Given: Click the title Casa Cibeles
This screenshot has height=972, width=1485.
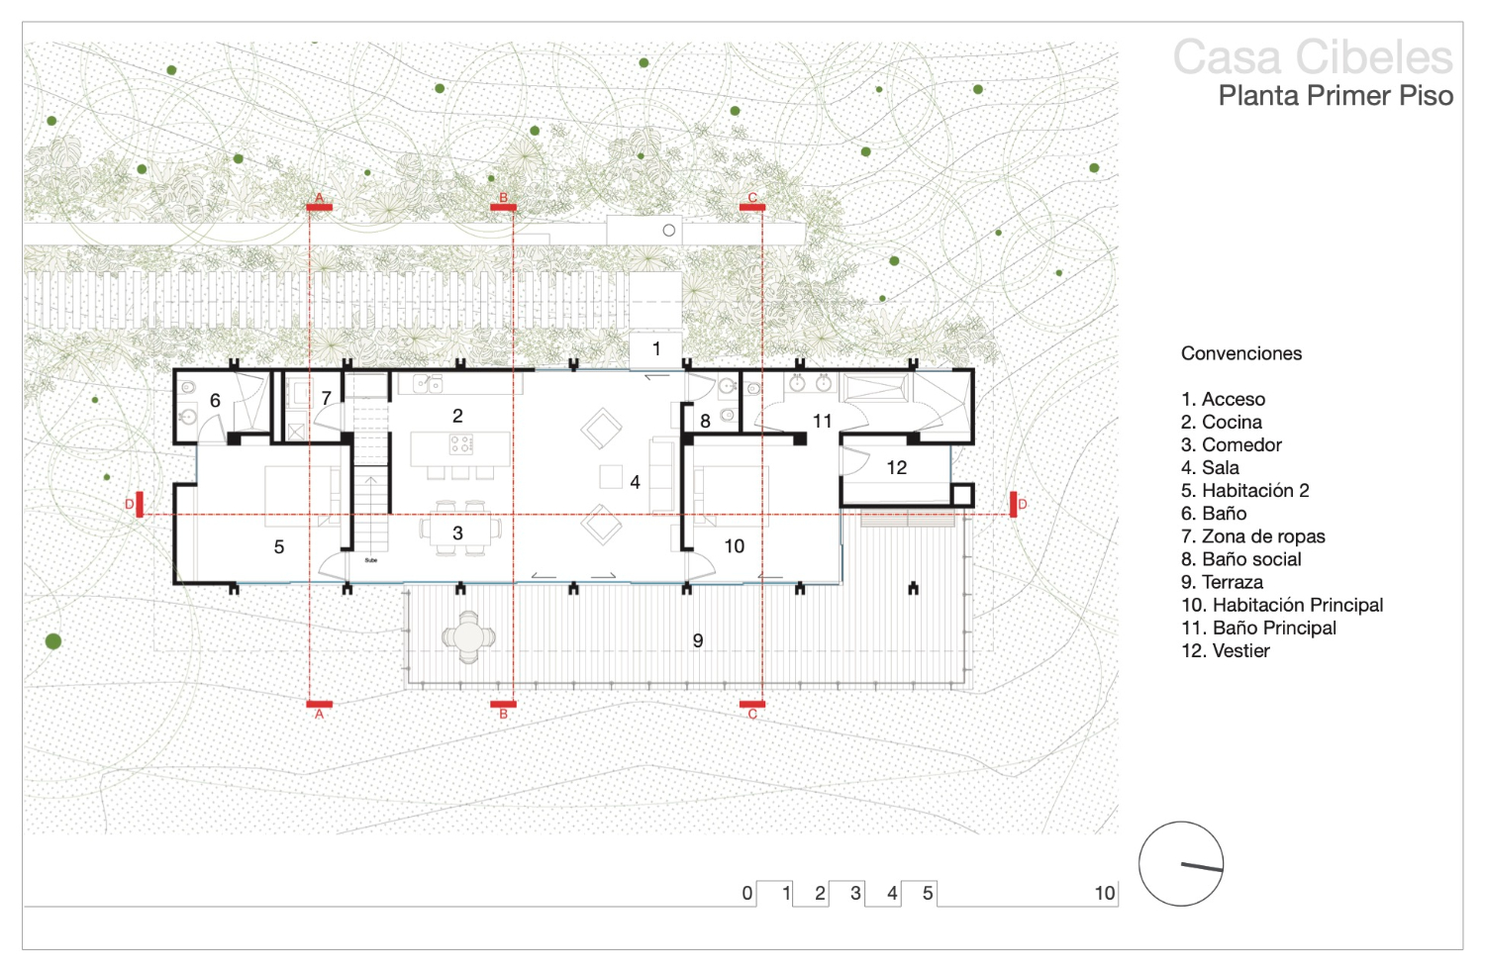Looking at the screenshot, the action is (1313, 57).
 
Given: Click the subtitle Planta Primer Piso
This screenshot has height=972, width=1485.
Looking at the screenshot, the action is (1336, 96).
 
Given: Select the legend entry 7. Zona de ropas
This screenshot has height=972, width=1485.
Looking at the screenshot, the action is (1253, 536).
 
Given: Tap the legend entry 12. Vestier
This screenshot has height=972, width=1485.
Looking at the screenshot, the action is (1226, 651).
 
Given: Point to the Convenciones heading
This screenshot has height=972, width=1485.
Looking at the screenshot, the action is (1241, 353).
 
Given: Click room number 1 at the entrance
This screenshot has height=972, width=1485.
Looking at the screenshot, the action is (656, 348).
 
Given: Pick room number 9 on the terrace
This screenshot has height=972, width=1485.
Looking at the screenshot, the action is (697, 640).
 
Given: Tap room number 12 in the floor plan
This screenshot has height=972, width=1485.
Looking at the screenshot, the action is (896, 467).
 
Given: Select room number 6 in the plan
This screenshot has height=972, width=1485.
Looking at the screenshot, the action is (215, 401).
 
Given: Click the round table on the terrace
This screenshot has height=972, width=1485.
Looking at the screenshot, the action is (468, 637).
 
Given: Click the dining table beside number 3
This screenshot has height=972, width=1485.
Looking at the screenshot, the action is (460, 530).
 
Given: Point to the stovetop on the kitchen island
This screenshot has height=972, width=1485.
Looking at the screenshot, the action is (461, 443).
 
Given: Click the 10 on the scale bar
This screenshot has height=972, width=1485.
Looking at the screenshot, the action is (1105, 893).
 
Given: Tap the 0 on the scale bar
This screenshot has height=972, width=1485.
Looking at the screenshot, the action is (747, 893).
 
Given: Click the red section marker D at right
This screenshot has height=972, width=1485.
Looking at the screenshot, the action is (1014, 505).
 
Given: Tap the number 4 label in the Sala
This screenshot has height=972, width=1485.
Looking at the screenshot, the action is (636, 482).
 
